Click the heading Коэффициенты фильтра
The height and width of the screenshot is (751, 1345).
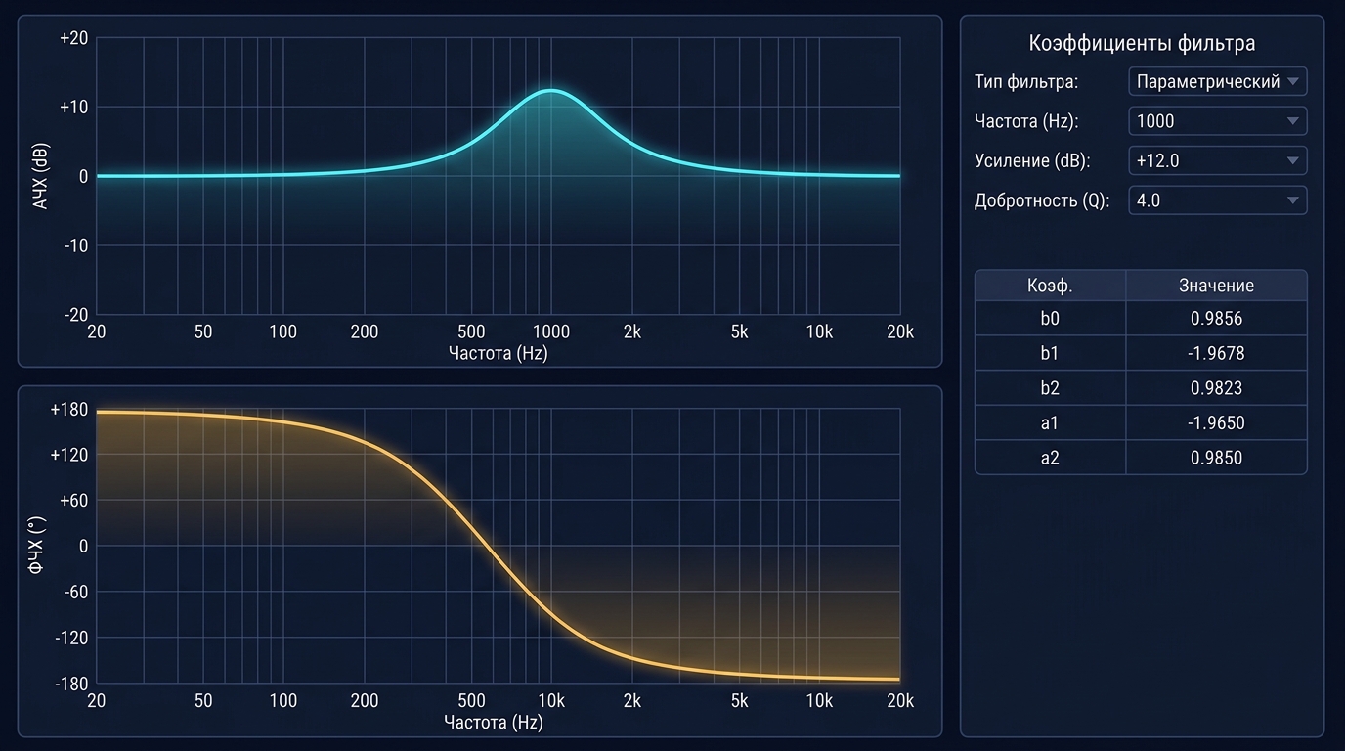tap(1142, 43)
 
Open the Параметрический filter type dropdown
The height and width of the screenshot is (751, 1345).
tap(1218, 81)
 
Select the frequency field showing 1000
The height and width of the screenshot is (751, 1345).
tap(1218, 120)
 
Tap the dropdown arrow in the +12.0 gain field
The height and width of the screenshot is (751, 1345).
tap(1293, 160)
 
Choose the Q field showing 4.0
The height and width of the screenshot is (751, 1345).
tap(1218, 200)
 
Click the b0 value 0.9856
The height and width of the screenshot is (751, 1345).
tap(1216, 318)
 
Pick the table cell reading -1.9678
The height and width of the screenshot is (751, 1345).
tap(1216, 353)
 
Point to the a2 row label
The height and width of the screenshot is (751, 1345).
tap(1050, 458)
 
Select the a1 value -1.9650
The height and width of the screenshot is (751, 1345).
tap(1216, 422)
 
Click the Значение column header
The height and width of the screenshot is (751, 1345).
tap(1216, 286)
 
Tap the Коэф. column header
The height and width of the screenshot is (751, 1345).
tap(1050, 286)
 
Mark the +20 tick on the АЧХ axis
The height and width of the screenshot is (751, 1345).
tap(73, 38)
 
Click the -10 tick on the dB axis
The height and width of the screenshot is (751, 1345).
tap(75, 245)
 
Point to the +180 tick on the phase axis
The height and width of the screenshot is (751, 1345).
tap(69, 409)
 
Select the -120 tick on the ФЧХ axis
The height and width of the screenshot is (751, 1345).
tap(71, 638)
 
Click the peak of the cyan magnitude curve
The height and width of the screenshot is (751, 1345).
tap(551, 91)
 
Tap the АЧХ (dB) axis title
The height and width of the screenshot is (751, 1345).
tap(40, 176)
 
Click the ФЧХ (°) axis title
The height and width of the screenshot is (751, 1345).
tap(36, 545)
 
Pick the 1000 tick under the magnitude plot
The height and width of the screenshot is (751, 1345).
tap(551, 331)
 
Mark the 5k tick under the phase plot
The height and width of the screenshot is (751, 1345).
tap(739, 700)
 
